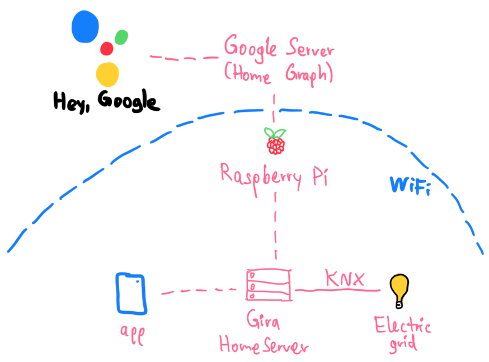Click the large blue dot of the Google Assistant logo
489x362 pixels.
[85, 26]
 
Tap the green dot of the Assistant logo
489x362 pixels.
[121, 37]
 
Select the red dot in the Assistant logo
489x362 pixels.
[107, 49]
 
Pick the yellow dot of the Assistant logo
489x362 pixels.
[107, 74]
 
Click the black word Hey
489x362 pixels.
[72, 102]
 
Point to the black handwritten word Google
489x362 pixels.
[129, 101]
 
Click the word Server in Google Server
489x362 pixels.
[310, 48]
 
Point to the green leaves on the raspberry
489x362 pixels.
[275, 133]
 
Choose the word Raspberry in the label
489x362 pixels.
[261, 178]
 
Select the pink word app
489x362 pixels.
[133, 334]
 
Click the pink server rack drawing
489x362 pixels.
[269, 285]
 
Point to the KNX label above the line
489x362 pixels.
[345, 278]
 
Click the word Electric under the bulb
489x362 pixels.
[402, 326]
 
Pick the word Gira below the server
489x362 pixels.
[263, 319]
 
